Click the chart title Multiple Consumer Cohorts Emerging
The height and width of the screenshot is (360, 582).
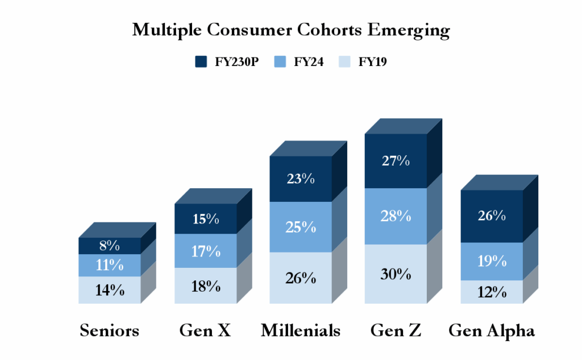coord(290,30)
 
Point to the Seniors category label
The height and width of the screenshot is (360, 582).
coord(110,330)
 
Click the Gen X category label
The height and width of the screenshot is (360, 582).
coord(205,330)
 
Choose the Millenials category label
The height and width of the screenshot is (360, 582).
coord(301,330)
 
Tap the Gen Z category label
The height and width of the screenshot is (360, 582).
coord(396,330)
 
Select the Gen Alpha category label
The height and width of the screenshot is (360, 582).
coord(492,330)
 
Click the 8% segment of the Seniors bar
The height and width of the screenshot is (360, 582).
coord(110,246)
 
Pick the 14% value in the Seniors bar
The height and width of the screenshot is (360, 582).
coord(110,290)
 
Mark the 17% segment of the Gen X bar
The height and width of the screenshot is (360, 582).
coord(205,251)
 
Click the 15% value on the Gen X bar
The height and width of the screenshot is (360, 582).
coord(205,219)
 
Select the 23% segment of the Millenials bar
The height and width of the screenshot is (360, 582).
coord(301,179)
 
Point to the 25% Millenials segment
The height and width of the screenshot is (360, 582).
coord(301,227)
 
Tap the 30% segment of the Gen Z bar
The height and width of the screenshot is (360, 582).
coord(396,274)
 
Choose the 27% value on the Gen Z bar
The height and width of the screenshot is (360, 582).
coord(396,160)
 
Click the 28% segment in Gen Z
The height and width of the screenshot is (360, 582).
coord(396,216)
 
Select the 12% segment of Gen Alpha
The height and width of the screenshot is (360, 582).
coord(492,292)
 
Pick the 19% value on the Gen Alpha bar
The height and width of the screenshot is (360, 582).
coord(492,261)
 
